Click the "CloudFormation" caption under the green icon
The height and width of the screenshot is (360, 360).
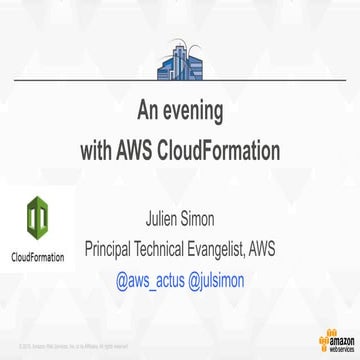point(38,257)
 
